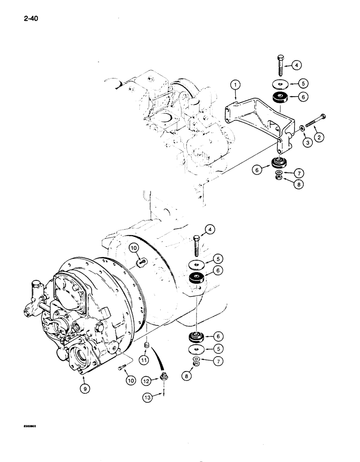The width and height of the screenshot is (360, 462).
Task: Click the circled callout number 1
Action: pyautogui.click(x=235, y=85)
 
